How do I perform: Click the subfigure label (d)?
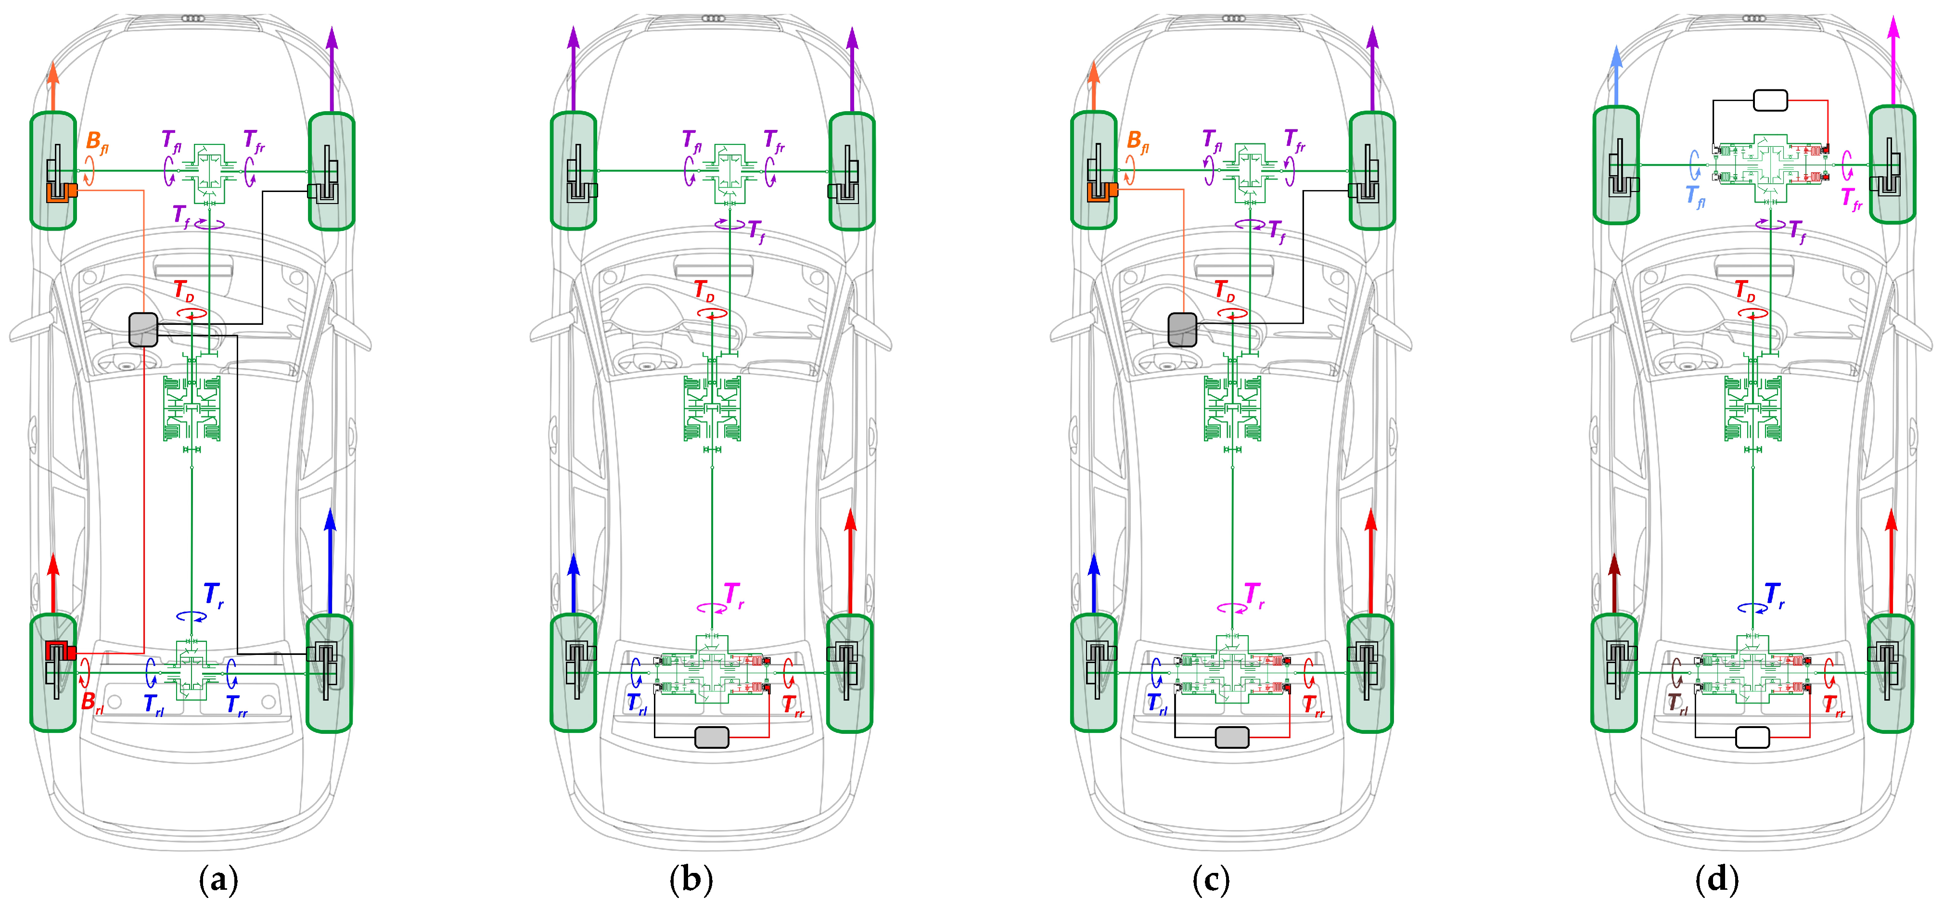[1717, 880]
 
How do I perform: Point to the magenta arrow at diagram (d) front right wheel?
[1893, 61]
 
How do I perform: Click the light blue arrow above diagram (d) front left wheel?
[1616, 76]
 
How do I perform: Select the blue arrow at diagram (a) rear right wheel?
[330, 559]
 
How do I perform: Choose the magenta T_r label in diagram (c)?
[1253, 595]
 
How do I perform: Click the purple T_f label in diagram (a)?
[181, 215]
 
